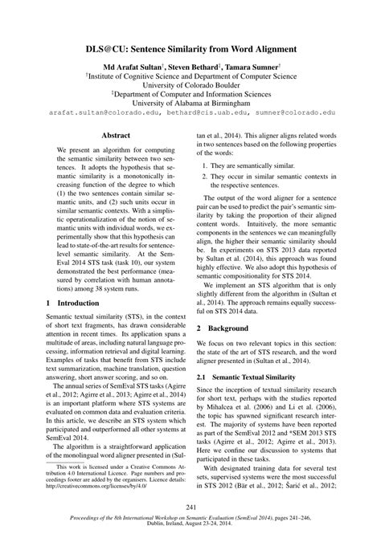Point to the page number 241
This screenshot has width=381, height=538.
190,506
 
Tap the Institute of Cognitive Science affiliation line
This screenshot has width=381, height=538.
191,80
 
